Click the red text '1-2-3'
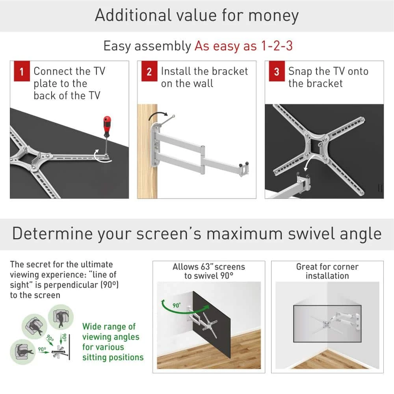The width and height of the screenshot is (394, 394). (x=277, y=46)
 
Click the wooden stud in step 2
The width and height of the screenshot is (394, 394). (x=147, y=158)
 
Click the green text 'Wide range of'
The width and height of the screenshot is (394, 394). (x=109, y=327)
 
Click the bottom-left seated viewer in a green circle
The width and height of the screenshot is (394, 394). (x=23, y=349)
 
